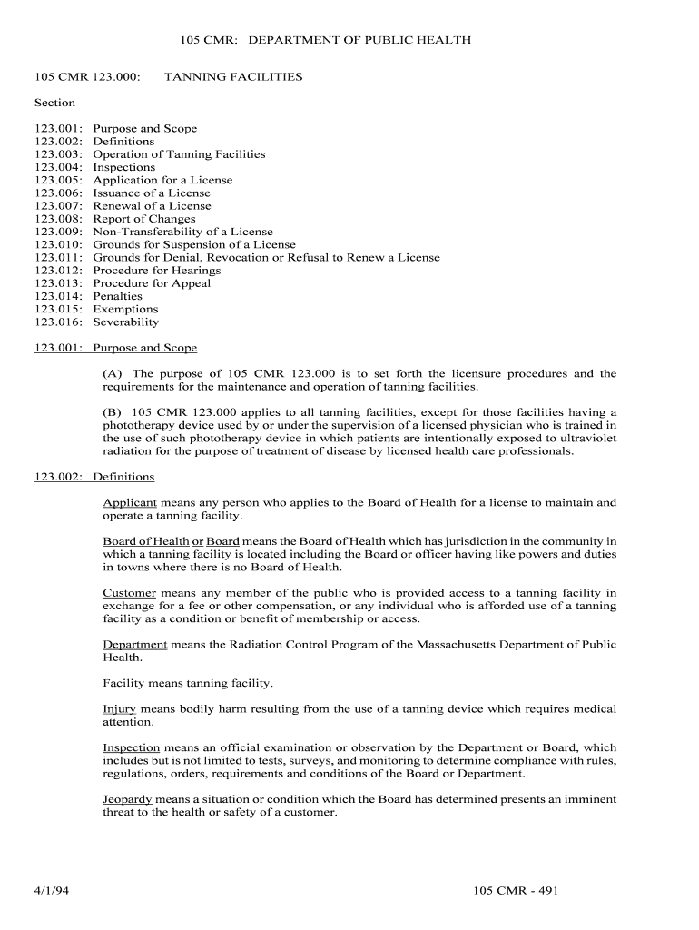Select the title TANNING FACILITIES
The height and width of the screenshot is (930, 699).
pos(233,77)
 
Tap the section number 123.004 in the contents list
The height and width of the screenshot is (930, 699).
pos(60,167)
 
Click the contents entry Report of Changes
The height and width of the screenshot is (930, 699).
pos(144,219)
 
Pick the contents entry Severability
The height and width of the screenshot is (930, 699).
pos(126,322)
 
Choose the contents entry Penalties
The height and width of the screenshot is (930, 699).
pos(118,296)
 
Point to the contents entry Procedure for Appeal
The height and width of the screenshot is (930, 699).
pos(152,283)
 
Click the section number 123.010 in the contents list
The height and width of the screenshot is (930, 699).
pos(60,244)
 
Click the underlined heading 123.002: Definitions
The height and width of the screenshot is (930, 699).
pos(94,477)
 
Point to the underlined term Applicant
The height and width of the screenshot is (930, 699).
pos(130,502)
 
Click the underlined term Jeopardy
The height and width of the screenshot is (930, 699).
pos(127,800)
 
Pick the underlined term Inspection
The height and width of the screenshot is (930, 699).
pos(132,748)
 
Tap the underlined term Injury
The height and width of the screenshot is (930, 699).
pos(120,709)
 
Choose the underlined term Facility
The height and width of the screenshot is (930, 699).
pos(123,683)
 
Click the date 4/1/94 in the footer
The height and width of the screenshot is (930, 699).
pos(53,890)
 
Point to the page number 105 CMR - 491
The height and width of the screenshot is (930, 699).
pos(515,890)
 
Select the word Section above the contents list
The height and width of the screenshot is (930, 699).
pos(55,103)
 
